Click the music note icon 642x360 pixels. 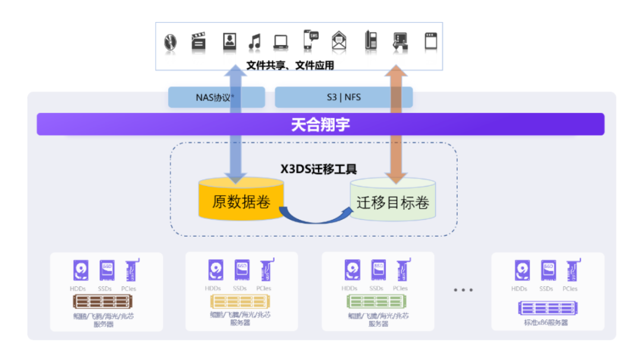[254, 42]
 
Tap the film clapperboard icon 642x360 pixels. [199, 42]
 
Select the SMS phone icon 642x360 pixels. [310, 40]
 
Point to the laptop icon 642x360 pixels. [281, 42]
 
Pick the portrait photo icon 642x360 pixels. [229, 41]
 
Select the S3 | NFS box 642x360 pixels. [344, 97]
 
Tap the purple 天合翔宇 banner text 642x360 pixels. [320, 125]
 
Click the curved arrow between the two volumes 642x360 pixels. [315, 216]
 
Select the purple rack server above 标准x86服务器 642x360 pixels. [547, 308]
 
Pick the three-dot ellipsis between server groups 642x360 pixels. [463, 290]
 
